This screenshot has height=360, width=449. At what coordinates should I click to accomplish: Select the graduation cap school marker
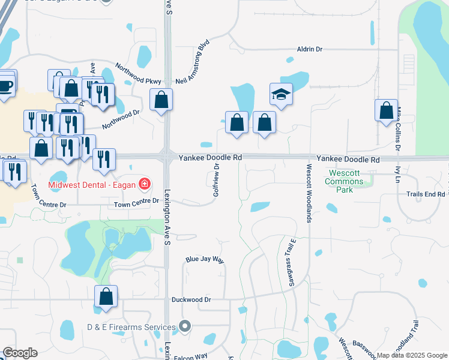point(280,94)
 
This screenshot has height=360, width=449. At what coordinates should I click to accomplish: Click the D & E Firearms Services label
point(130,327)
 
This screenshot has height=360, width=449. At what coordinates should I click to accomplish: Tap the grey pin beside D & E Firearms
point(185,327)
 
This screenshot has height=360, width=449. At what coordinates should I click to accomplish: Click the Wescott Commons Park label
point(345,181)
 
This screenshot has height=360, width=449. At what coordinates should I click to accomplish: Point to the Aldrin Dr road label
point(310,50)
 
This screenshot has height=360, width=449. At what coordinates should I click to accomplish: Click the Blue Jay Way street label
point(205,260)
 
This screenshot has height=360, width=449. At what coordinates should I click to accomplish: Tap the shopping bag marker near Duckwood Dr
point(106,297)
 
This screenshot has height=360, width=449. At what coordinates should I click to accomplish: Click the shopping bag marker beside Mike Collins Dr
point(386,111)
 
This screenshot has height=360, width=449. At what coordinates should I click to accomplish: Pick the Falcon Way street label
point(190,356)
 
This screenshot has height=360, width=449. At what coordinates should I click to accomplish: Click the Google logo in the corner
point(20,353)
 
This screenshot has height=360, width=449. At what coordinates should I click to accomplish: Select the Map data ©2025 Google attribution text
point(412,355)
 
